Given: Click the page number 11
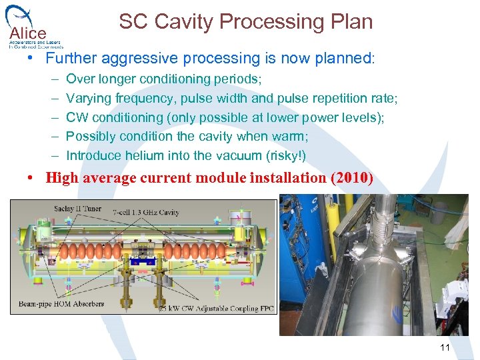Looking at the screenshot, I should point(445,347).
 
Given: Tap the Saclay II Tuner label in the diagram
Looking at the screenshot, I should point(77,209).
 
